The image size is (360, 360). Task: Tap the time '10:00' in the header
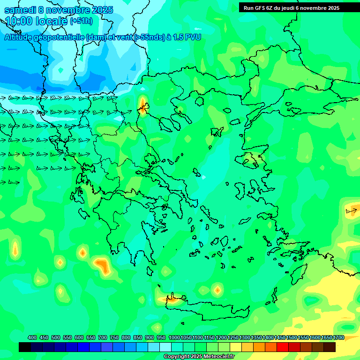tap(19, 21)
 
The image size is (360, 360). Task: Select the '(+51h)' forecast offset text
tap(81, 21)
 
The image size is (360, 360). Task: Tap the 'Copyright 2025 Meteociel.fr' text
tap(199, 357)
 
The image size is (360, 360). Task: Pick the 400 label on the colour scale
tap(32, 337)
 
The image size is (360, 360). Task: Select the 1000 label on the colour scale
tap(174, 337)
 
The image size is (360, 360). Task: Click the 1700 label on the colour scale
tap(338, 337)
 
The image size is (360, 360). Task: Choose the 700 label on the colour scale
tap(103, 337)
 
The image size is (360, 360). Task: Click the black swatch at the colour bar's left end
tap(25, 347)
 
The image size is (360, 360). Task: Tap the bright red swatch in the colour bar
tap(283, 347)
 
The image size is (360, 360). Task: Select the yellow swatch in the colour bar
tap(236, 347)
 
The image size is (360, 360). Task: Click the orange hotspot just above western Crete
tap(174, 298)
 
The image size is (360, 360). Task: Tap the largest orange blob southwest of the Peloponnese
tap(102, 265)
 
